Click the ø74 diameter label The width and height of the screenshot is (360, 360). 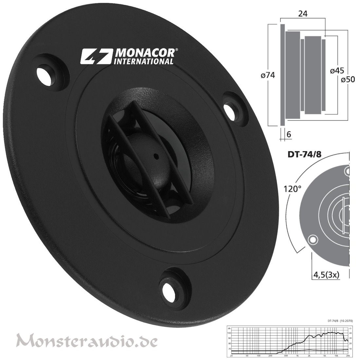268,76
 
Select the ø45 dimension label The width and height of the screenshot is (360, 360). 336,70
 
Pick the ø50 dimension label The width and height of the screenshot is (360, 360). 348,80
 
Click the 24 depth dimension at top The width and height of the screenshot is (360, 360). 302,14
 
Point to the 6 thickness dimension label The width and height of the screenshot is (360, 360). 289,134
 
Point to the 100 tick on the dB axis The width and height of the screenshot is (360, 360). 229,333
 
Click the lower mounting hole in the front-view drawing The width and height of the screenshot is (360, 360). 313,240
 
